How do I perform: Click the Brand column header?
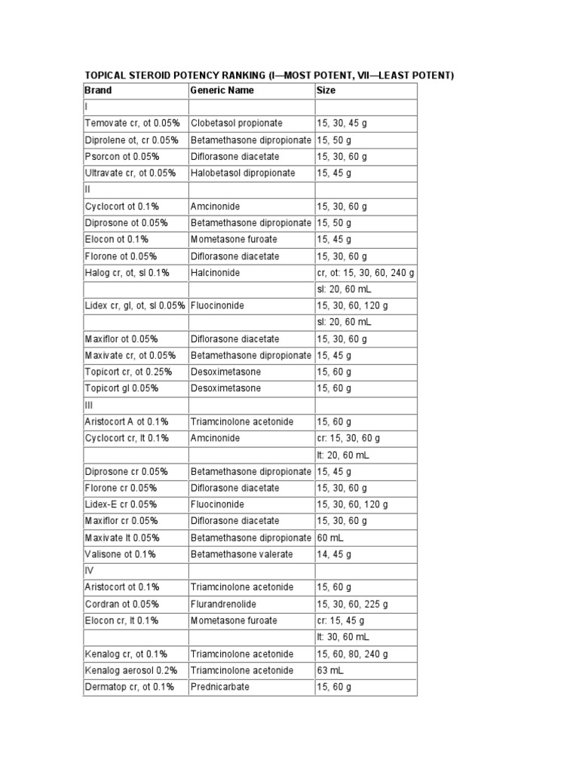99,90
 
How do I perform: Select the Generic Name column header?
222,90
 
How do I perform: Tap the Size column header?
326,90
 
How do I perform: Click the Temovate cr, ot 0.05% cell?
131,123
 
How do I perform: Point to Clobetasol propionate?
237,123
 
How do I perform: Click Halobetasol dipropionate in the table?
243,173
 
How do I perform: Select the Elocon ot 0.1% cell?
116,239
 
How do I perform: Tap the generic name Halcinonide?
215,272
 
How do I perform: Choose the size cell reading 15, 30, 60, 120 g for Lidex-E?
352,504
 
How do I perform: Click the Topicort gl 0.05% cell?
121,388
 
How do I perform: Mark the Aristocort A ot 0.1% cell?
127,421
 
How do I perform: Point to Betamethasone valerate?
240,554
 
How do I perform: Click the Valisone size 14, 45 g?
334,554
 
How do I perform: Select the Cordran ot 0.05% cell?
122,604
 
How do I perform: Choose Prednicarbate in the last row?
219,687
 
